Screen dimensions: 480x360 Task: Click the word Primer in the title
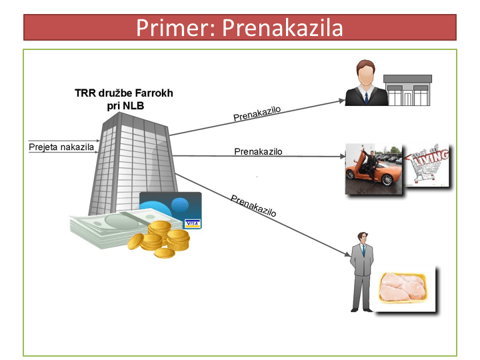click(175, 28)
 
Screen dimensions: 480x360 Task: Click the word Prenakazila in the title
click(282, 28)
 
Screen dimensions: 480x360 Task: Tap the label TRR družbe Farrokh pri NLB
click(124, 99)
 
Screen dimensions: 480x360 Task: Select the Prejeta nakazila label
click(61, 147)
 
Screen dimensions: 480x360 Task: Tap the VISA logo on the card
click(192, 224)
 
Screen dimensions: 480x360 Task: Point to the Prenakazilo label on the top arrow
click(257, 114)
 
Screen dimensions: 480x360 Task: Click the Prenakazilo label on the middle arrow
click(258, 151)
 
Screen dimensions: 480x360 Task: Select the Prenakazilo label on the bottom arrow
click(253, 206)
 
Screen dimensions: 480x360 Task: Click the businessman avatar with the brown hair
click(366, 83)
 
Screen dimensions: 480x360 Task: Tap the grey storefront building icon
click(408, 90)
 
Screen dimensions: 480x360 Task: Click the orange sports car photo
click(374, 169)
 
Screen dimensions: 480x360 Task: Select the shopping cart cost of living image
click(428, 165)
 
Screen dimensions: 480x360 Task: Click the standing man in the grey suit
click(362, 272)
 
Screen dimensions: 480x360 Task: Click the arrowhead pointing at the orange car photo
click(343, 157)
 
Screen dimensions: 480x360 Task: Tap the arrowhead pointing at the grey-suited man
click(347, 254)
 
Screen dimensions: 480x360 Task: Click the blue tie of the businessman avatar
click(367, 98)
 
